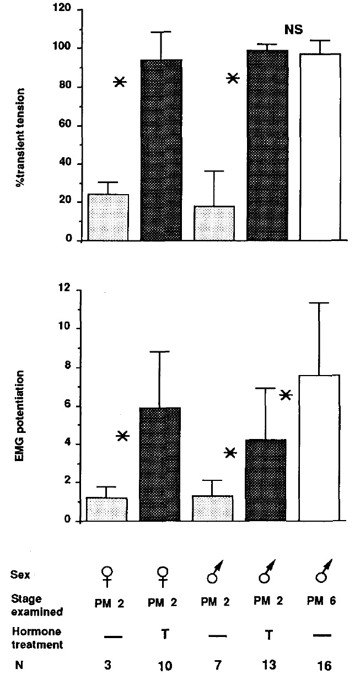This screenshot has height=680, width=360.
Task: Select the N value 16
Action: coord(325,666)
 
